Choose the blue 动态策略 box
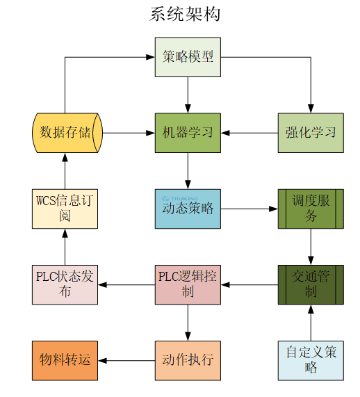[x=188, y=209]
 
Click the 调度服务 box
[x=310, y=209]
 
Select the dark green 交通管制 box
[x=310, y=284]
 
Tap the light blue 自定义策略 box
[x=310, y=360]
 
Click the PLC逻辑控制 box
[x=188, y=284]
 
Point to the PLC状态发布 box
[x=65, y=284]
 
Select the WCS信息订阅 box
[x=65, y=209]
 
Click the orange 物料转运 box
[x=65, y=360]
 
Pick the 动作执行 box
[x=188, y=360]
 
